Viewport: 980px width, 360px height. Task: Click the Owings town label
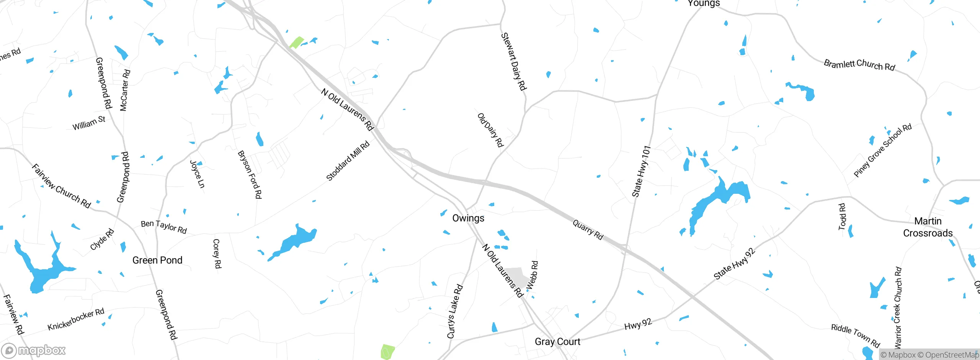pos(468,218)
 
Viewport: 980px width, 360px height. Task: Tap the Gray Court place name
pos(557,342)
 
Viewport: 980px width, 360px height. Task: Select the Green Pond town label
pos(157,260)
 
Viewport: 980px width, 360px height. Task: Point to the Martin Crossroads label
pos(928,227)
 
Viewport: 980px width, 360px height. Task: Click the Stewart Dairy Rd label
pos(514,62)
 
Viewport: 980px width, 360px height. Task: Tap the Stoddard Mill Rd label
pos(348,161)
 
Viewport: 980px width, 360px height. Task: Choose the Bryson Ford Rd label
pos(250,175)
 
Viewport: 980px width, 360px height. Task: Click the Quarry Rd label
pos(588,230)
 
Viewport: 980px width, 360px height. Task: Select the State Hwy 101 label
pos(641,171)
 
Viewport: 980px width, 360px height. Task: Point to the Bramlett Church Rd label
pos(859,65)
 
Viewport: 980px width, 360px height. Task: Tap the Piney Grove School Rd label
pos(882,151)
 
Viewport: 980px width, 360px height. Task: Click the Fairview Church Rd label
pos(61,186)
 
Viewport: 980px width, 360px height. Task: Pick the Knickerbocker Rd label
pos(76,319)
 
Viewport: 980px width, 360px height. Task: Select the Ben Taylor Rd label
pos(163,227)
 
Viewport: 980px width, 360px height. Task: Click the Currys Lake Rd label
pos(455,311)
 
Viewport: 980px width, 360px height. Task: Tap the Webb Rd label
pos(532,275)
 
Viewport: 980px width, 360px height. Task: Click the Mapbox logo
pos(34,350)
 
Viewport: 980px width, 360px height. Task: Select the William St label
pos(89,123)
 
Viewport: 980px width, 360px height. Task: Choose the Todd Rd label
pos(842,217)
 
